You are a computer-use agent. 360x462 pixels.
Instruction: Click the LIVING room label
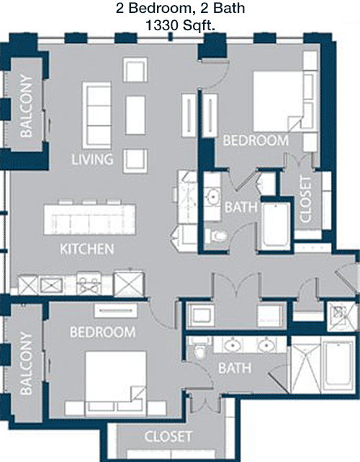(92, 159)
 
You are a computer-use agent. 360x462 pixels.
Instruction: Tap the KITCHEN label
(87, 249)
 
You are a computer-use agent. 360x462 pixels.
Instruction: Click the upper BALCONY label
(26, 107)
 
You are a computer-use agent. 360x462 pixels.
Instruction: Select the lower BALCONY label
(26, 363)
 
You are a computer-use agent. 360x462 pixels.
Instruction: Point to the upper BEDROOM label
(256, 141)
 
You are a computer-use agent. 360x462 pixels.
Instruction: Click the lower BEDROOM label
(103, 332)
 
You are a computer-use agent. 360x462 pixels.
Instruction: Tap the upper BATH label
(241, 208)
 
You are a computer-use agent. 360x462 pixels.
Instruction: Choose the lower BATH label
(235, 368)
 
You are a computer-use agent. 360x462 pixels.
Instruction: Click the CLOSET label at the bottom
(168, 437)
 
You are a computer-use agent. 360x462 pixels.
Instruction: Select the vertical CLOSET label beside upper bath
(305, 199)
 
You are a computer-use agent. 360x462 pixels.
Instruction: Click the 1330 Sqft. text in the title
(180, 26)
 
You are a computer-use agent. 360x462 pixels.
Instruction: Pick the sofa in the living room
(97, 115)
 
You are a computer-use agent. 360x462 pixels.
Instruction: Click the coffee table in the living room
(135, 115)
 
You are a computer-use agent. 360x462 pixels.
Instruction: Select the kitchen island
(89, 219)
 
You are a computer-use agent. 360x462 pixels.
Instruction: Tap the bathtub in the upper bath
(276, 225)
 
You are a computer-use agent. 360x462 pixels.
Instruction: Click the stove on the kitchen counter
(89, 284)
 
